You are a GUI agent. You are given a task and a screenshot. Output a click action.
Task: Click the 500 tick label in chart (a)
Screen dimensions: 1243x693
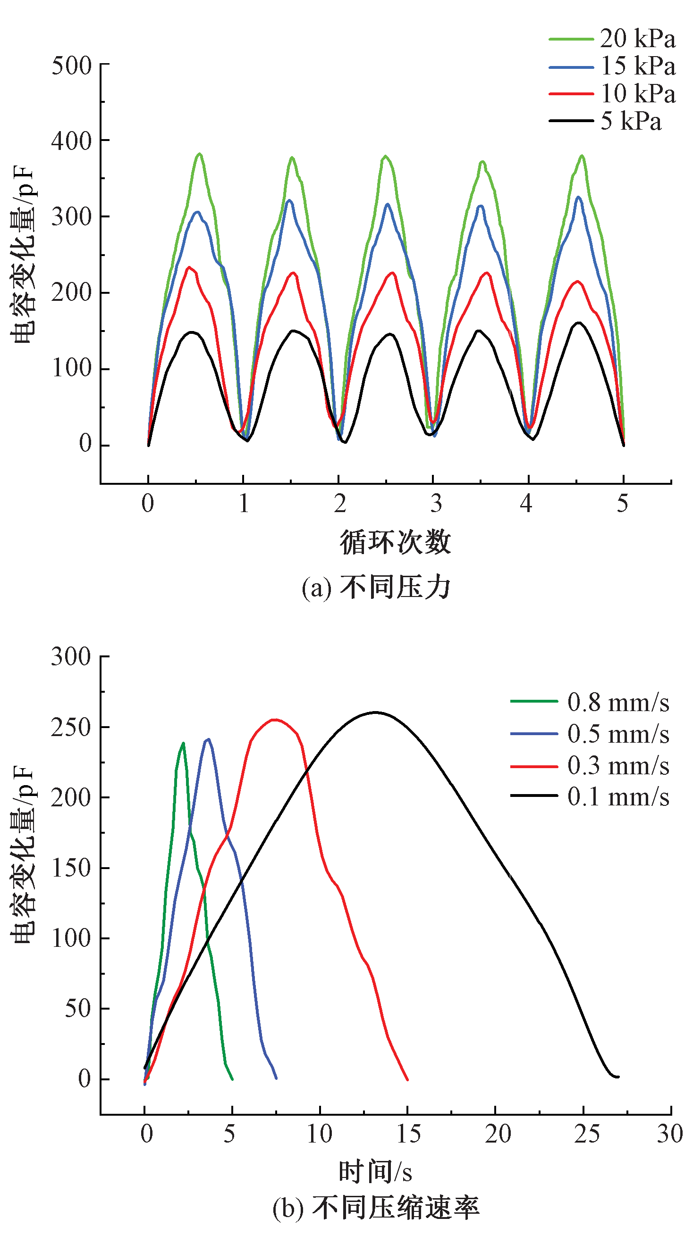(x=71, y=65)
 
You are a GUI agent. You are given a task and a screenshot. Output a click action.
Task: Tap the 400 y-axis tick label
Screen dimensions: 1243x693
(x=71, y=141)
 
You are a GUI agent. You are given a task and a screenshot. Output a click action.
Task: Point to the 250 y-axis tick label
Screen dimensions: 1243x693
(x=71, y=727)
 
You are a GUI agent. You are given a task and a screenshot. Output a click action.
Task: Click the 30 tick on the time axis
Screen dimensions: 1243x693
(x=670, y=1134)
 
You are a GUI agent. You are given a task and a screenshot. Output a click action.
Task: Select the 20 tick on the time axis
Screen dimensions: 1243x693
(x=498, y=1134)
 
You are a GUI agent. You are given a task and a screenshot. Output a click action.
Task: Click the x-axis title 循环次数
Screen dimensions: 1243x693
(x=395, y=542)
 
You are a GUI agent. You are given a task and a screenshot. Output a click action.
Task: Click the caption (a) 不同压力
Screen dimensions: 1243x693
(x=376, y=588)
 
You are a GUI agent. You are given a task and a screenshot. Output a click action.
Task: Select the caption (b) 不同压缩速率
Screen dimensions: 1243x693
(x=376, y=1208)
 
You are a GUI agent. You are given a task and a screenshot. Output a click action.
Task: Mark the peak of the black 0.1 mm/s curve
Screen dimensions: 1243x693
(x=375, y=712)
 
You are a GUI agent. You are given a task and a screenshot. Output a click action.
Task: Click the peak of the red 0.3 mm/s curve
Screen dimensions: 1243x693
(x=274, y=720)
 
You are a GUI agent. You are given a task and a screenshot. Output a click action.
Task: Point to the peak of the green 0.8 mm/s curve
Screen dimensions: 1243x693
(x=183, y=743)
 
